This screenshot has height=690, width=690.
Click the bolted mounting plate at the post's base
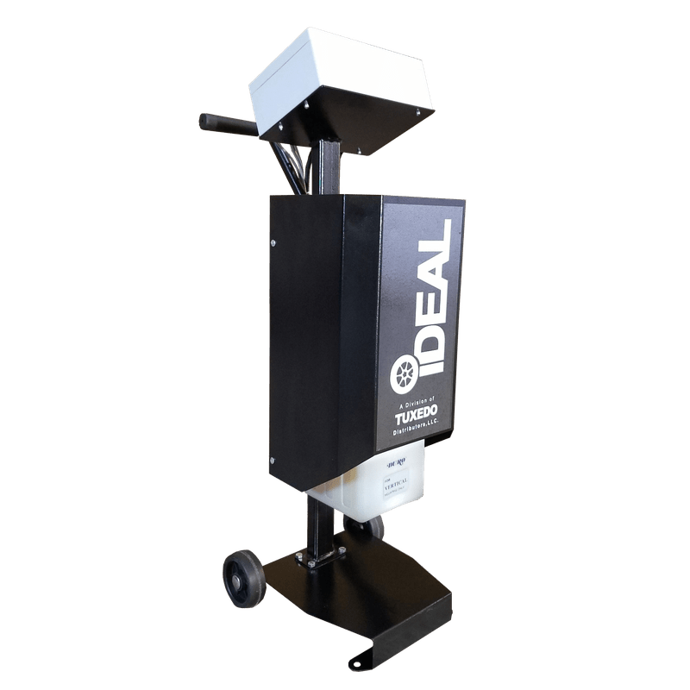click(319, 561)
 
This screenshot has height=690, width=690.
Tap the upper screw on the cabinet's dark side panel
click(273, 243)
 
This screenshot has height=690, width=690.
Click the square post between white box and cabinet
click(328, 168)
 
